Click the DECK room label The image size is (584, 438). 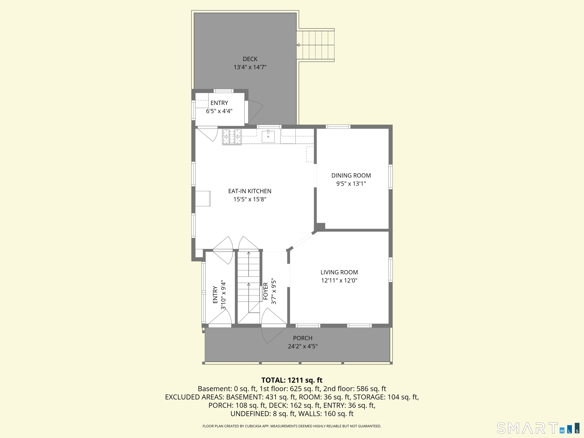250,59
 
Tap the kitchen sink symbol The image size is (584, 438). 268,136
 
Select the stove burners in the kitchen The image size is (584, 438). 232,137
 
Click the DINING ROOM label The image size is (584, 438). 351,175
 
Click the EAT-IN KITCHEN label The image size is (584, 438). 250,191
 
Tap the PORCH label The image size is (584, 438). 303,338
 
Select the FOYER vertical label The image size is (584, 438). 266,291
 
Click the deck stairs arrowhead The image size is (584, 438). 298,45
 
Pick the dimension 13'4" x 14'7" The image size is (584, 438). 250,67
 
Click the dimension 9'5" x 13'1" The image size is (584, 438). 351,183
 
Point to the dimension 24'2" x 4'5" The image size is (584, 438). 303,346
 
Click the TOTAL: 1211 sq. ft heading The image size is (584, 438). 292,380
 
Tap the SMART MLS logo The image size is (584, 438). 538,428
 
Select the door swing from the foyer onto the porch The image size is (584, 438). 274,335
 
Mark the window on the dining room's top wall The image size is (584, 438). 338,127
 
